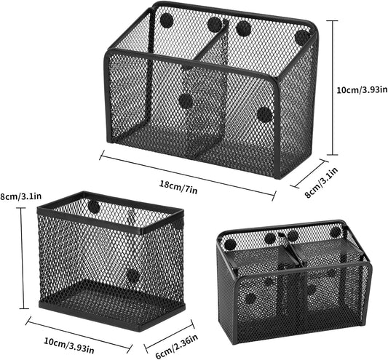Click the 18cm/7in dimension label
click(x=178, y=188)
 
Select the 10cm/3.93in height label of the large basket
click(x=362, y=89)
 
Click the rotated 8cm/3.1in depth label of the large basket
click(x=321, y=183)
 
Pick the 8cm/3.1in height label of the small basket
click(x=20, y=196)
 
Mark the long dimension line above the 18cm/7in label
click(x=188, y=175)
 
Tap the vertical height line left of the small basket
click(x=23, y=258)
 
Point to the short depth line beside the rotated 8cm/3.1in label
click(x=309, y=173)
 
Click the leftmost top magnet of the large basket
click(x=165, y=19)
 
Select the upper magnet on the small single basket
click(x=94, y=207)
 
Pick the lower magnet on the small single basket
click(x=133, y=276)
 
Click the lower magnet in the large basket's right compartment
click(x=265, y=114)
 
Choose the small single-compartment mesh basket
click(x=111, y=260)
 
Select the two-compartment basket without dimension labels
click(x=294, y=282)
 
